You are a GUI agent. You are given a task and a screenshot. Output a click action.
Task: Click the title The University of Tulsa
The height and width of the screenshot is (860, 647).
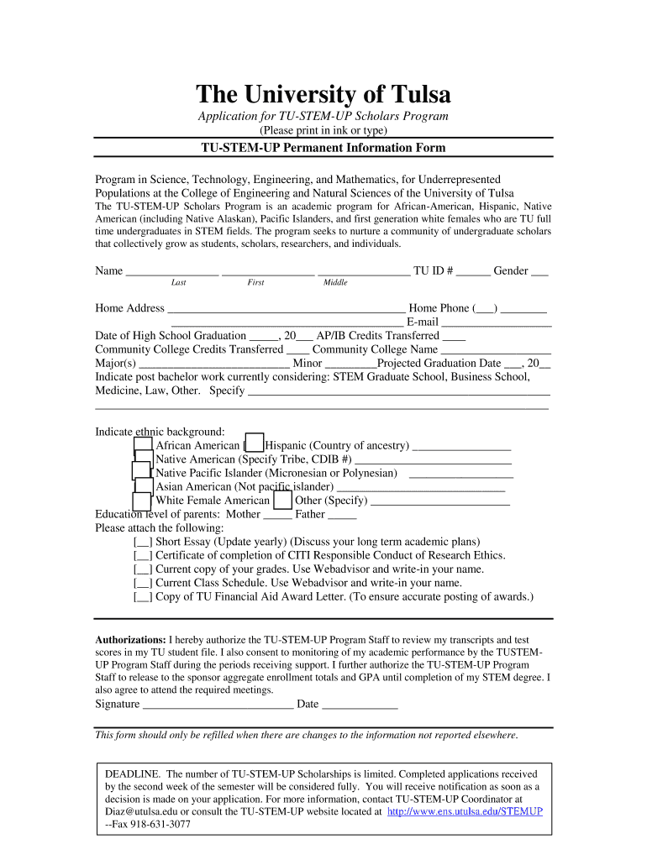323,93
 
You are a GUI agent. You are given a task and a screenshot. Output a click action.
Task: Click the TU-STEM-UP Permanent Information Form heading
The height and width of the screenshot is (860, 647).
323,148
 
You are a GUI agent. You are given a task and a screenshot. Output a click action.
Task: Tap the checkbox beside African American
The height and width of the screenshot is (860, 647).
144,445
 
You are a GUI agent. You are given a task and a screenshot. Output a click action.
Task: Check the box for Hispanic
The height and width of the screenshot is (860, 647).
254,445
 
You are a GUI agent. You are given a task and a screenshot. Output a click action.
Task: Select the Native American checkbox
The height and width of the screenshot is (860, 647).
145,459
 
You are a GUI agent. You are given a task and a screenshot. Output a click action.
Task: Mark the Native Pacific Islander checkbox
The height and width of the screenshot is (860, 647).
141,472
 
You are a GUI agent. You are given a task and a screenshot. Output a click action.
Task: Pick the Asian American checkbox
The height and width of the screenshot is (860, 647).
145,485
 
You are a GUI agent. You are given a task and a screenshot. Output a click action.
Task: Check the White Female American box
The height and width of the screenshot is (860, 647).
143,500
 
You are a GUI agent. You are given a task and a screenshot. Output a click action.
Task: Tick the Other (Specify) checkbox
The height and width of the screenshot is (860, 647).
283,500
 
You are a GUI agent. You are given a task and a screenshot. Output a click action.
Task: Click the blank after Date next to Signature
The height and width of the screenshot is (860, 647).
360,704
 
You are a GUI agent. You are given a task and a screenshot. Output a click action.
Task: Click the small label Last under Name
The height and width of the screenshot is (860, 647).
178,283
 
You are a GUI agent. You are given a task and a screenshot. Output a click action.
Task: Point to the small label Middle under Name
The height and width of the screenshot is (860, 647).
335,283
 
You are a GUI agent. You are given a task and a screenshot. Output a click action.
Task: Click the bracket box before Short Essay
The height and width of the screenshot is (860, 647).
143,542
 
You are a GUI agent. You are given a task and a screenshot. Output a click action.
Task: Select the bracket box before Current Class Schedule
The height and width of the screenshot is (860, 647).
143,582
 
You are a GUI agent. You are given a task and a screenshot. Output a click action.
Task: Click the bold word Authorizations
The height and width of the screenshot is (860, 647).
130,639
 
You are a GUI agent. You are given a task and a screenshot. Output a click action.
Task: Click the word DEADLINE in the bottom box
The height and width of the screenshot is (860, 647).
132,773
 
